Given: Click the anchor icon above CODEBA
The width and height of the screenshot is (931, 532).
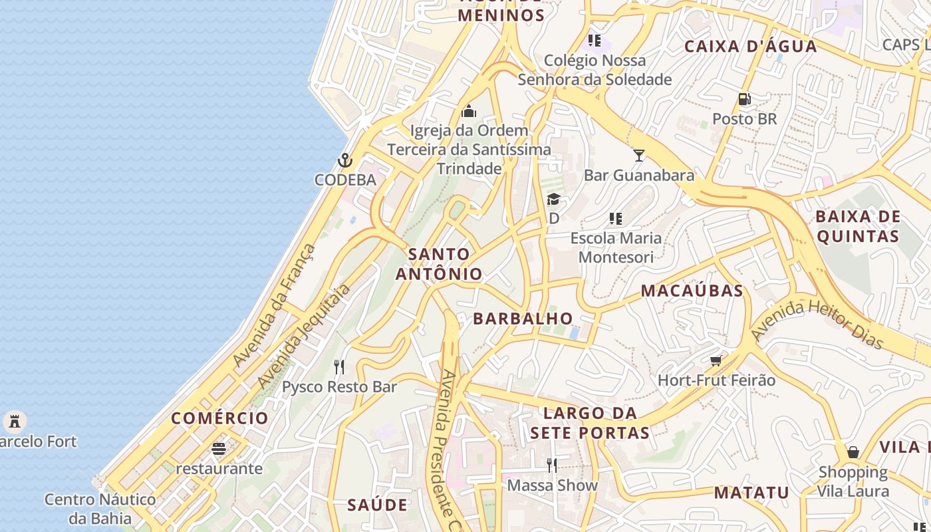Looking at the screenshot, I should [x=344, y=160].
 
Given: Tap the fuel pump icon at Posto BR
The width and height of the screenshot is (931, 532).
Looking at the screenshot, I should [x=745, y=100].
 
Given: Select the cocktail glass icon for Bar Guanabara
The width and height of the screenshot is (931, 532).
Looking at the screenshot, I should [x=639, y=156].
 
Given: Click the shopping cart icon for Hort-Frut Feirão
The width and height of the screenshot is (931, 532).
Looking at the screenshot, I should [x=716, y=361].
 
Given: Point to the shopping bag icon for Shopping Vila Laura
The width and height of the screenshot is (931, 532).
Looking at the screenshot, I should [x=853, y=453].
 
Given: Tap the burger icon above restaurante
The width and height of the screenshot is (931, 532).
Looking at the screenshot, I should [x=219, y=449].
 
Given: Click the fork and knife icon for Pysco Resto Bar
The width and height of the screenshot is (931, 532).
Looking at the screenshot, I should [x=339, y=367].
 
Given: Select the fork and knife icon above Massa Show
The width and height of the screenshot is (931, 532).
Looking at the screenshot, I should [x=552, y=465].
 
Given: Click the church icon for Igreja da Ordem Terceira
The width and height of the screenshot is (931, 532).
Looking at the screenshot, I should [x=469, y=111].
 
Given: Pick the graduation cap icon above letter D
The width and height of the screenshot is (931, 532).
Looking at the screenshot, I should [x=553, y=199].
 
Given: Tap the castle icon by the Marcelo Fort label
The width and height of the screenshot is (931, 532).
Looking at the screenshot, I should [x=14, y=422].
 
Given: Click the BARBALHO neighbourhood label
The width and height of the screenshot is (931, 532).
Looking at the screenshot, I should [x=523, y=319].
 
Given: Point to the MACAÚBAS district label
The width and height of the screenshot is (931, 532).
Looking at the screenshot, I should [x=692, y=291].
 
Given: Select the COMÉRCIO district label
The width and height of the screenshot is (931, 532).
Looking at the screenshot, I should [x=219, y=418].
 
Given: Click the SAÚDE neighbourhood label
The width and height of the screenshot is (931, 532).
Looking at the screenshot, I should [x=377, y=505].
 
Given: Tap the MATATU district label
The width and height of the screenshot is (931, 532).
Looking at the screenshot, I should [x=751, y=493].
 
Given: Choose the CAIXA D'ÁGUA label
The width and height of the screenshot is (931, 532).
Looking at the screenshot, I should [x=750, y=47].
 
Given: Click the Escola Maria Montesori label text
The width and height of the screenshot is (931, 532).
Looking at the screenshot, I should [x=616, y=247].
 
